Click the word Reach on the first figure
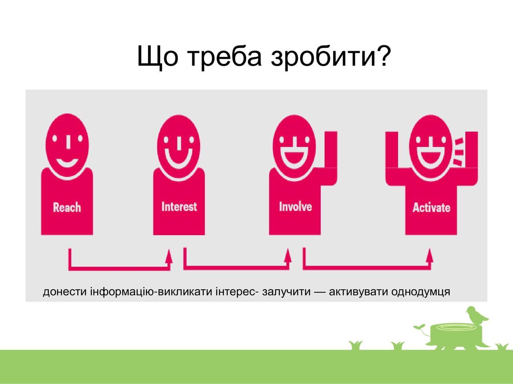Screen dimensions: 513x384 (x=67, y=207)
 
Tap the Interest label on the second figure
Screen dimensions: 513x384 (x=179, y=206)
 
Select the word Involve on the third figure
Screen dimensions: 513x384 (x=295, y=206)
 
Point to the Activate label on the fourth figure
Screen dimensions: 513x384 (x=431, y=207)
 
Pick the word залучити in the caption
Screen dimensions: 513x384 (x=286, y=292)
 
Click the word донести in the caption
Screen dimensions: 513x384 (x=65, y=292)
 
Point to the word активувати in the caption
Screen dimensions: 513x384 (x=359, y=292)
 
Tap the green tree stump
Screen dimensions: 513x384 (x=456, y=336)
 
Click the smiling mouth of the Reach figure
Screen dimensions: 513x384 (x=67, y=163)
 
